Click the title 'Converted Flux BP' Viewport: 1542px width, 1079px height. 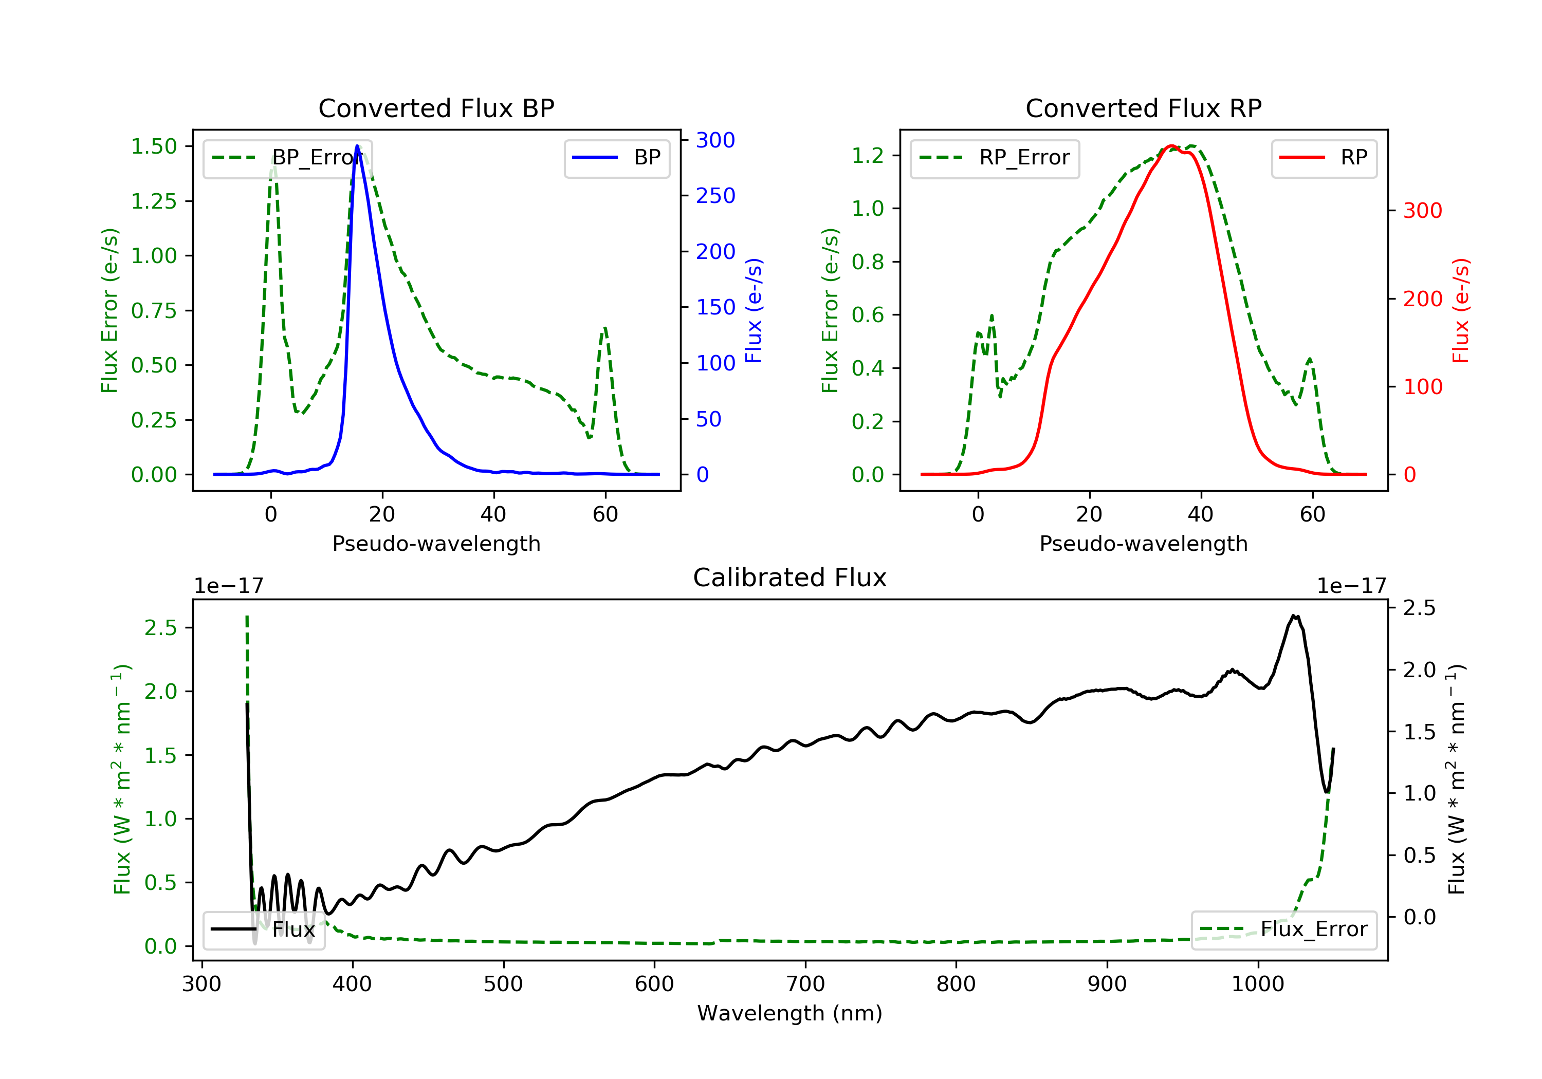pos(436,108)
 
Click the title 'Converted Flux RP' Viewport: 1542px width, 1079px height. pos(1143,108)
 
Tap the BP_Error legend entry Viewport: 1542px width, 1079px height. pos(287,158)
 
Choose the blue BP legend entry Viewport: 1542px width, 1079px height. pos(616,158)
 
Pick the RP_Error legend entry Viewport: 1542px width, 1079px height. pos(995,158)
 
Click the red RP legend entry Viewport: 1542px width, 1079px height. pos(1324,158)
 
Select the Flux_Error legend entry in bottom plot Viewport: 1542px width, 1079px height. pos(1283,929)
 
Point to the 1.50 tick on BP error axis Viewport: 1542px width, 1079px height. pos(154,146)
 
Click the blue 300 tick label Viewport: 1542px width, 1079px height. pos(715,140)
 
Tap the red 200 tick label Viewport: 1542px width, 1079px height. pos(1422,299)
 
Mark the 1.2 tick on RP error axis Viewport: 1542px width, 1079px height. pos(868,156)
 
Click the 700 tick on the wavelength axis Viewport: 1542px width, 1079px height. pos(805,984)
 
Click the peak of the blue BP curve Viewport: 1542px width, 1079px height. pos(357,146)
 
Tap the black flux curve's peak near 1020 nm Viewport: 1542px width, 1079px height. pos(1294,616)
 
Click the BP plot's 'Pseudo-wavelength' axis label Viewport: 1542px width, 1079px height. pos(436,544)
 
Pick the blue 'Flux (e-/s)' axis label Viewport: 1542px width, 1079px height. pos(754,310)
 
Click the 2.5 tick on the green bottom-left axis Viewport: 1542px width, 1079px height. pos(160,628)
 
